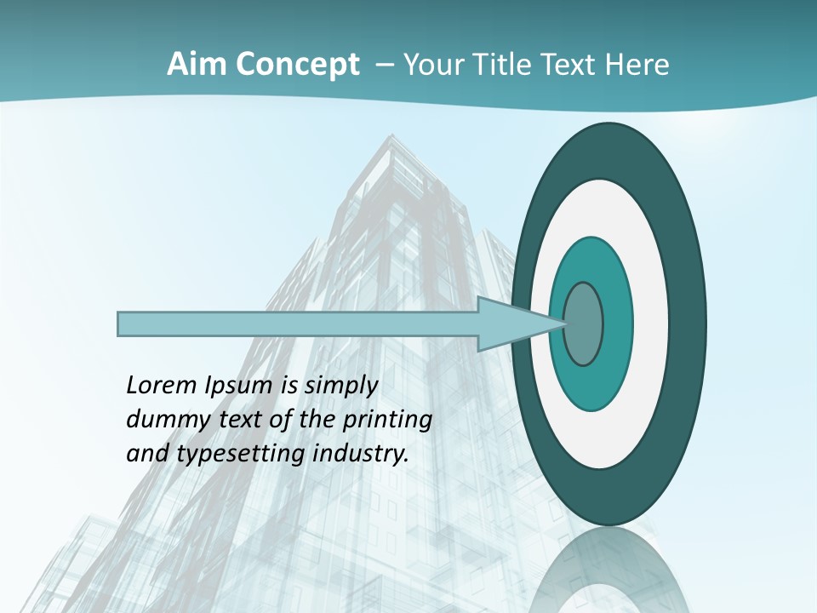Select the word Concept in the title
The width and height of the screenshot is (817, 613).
pos(299,65)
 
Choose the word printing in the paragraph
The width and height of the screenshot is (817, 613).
pos(386,421)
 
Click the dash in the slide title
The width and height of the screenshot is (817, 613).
pos(384,65)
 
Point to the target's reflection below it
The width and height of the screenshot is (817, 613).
pos(609,570)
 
